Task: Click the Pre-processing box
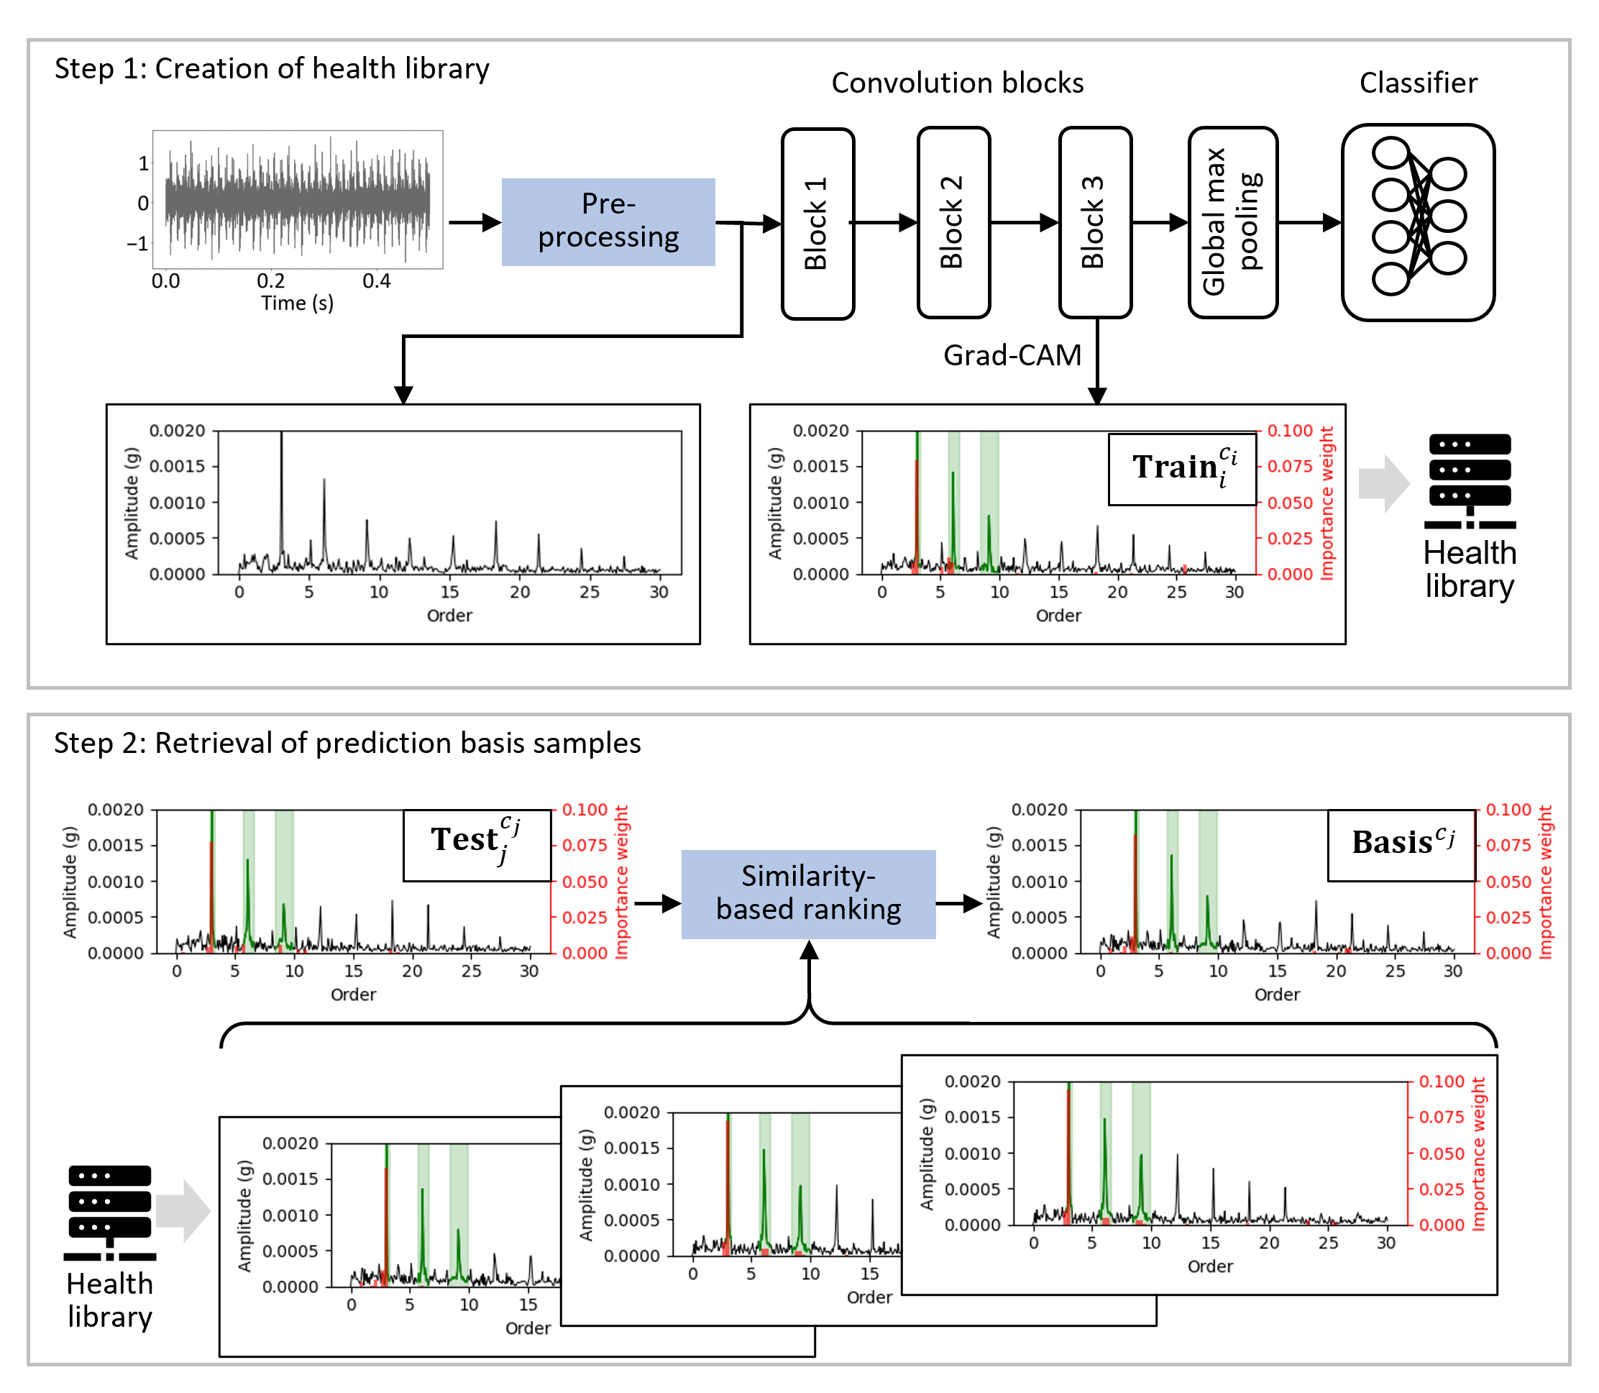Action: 608,221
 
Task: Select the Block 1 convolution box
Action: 817,223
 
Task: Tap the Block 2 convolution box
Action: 953,223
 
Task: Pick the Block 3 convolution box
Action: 1095,223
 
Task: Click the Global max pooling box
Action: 1232,223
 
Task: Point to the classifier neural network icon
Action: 1418,221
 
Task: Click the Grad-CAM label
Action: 1012,355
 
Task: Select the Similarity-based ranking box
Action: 808,894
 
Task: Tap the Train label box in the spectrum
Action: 1182,469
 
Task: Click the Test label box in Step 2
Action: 476,844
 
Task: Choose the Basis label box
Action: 1401,844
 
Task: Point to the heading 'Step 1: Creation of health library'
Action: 272,68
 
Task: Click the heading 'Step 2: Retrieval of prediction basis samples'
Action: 347,743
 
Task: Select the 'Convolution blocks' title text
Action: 957,83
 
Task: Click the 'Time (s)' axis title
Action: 297,303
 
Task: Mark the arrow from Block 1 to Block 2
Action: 886,222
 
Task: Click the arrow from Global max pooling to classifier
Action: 1310,222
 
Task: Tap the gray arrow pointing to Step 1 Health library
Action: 1384,483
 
